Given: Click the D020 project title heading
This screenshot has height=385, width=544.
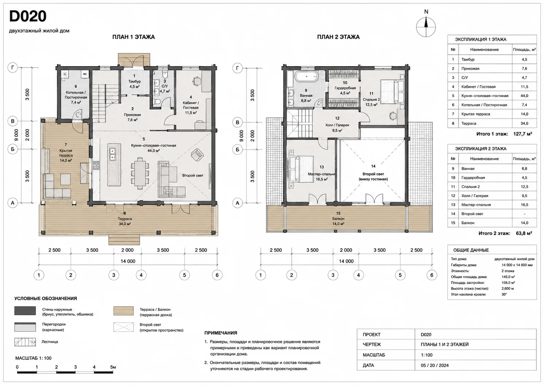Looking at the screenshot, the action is pos(28,16).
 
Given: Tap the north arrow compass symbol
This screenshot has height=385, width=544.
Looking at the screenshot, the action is pos(426,27).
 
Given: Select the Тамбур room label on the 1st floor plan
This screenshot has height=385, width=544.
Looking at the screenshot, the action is pos(135,81).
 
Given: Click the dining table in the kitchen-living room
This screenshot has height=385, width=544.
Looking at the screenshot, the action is pos(140,173).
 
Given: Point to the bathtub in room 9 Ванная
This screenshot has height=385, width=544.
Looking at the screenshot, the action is pos(307,77).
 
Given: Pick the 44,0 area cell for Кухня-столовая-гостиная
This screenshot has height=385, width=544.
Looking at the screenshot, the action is pos(524,96).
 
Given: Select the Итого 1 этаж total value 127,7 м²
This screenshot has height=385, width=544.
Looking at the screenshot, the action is pos(522,134).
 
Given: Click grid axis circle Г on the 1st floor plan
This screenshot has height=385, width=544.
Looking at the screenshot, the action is pos(13,67).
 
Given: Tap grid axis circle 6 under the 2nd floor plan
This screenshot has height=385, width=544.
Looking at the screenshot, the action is pos(432,275).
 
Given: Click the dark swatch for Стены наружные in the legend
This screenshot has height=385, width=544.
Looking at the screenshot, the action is pos(25,311).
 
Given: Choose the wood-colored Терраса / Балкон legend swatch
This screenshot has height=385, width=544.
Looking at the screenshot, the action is pos(123,311).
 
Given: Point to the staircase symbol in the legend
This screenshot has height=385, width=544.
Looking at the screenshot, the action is pos(25,342).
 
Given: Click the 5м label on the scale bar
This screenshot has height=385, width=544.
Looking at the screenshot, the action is pos(113,367).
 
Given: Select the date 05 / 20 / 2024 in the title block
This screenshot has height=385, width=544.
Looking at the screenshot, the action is pos(435,365).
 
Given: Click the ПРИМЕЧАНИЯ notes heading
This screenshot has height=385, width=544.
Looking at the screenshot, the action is pos(220,333).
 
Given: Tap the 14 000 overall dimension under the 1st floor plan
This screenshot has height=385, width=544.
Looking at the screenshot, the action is pos(128,261).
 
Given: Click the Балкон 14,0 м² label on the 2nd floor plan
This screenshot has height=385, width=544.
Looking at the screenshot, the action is pos(338,221).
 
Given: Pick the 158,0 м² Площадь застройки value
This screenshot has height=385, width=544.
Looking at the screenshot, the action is pos(508,282).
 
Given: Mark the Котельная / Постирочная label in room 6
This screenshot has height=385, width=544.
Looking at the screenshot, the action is pos(76,95).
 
